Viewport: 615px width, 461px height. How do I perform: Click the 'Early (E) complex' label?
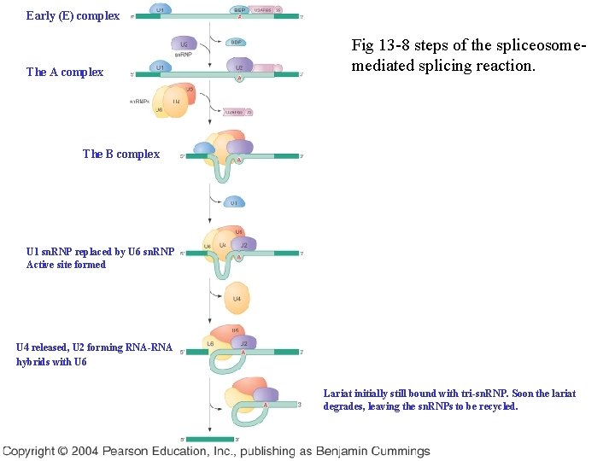tap(73, 15)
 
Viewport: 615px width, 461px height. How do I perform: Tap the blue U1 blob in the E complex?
tap(159, 9)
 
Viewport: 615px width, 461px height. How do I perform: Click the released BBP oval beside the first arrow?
tap(237, 41)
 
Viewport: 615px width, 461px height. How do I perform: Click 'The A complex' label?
tap(65, 72)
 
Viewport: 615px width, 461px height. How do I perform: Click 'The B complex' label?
tap(120, 154)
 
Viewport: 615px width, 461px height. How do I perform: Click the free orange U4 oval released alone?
tap(237, 298)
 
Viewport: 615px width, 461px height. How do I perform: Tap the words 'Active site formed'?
tap(66, 265)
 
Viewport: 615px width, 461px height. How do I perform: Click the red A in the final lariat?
tap(266, 404)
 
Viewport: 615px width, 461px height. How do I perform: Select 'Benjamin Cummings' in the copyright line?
tap(376, 451)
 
